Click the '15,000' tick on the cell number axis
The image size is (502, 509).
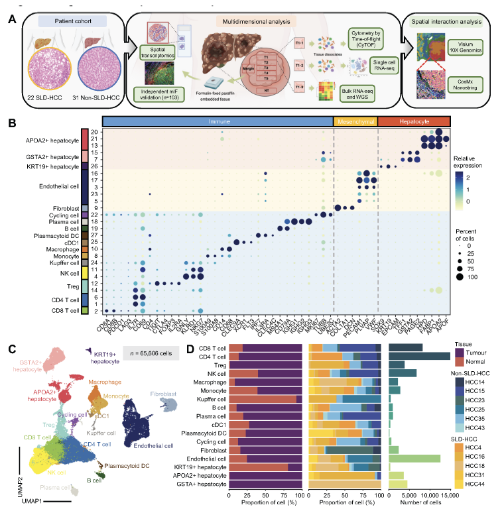450,495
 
